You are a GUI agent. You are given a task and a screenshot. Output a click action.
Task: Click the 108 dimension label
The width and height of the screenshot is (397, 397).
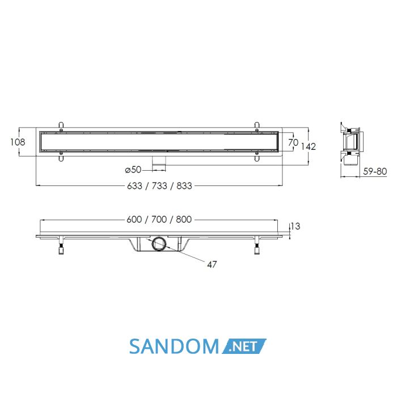(x=18, y=142)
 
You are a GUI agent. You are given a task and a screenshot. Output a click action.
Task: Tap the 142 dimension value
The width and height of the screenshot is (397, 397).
(x=308, y=146)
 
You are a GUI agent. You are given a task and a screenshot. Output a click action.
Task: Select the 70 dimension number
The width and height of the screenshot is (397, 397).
(x=293, y=142)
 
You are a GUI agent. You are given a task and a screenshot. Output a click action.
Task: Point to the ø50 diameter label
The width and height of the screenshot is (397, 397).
(x=133, y=170)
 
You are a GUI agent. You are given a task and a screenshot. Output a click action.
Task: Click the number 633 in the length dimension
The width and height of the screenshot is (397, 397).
(x=134, y=186)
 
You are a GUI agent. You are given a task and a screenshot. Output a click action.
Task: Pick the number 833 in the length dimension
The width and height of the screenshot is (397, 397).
(x=184, y=186)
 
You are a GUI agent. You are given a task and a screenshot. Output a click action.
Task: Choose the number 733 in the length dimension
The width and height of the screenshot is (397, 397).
(x=159, y=186)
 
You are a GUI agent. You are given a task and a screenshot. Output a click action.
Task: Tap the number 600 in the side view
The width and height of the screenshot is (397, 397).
(x=134, y=219)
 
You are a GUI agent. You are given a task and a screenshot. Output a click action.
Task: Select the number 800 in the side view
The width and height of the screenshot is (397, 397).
(x=184, y=219)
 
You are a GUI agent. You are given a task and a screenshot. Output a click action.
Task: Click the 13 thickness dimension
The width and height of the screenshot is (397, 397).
(x=295, y=226)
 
